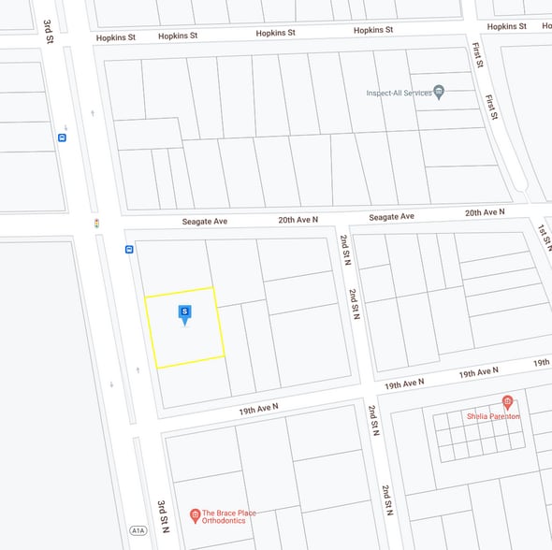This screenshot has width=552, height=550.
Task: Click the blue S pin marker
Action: pos(185,312)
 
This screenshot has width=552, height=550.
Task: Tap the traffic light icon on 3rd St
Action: pos(96,224)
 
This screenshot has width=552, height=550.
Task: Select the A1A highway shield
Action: pos(138,530)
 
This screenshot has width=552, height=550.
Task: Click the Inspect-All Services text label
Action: pos(399,93)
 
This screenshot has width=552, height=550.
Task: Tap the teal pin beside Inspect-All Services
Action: pos(439,92)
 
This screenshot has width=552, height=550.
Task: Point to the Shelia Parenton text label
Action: pos(493,416)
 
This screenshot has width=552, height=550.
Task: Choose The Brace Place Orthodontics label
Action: pos(229,516)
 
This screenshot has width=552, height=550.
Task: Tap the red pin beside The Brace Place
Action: pos(195,514)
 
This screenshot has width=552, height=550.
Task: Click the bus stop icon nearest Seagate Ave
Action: pos(129,250)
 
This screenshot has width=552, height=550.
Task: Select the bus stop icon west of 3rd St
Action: pos(62,137)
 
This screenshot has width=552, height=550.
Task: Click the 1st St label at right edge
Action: pos(542,230)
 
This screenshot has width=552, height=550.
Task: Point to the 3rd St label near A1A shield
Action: pos(163,515)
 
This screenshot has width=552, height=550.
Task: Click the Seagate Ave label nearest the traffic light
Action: pos(205,222)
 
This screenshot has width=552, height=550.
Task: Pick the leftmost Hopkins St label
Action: pos(116,37)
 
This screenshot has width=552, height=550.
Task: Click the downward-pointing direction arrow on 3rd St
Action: pos(111,385)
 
